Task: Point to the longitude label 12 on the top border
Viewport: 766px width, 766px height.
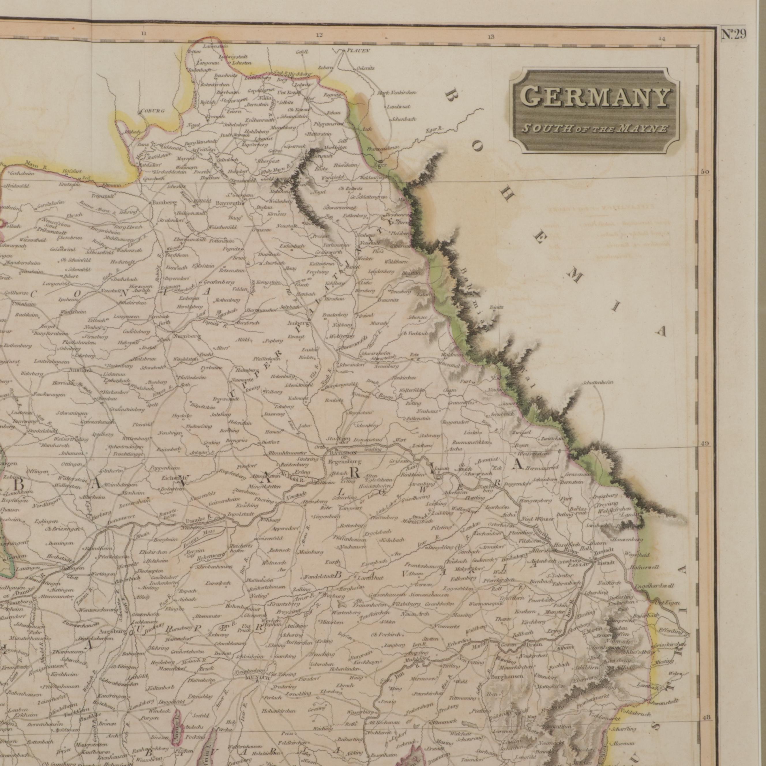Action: (319, 35)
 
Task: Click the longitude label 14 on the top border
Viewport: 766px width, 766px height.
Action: (661, 38)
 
